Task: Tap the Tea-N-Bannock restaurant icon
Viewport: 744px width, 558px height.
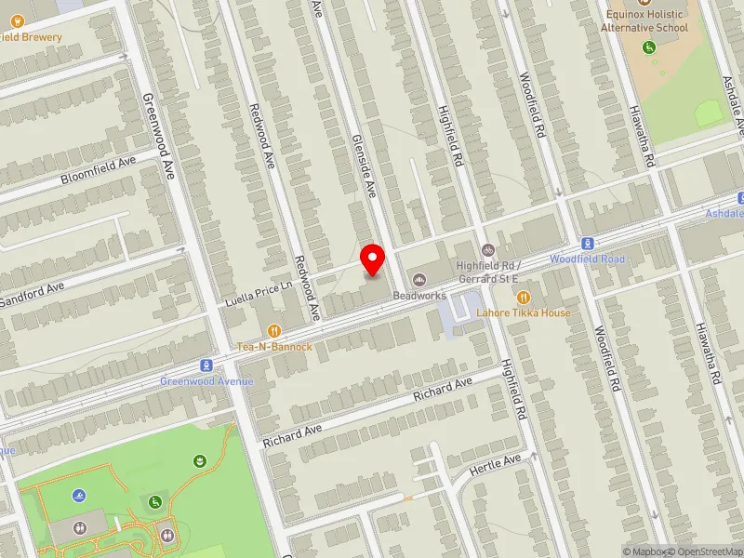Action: point(273,330)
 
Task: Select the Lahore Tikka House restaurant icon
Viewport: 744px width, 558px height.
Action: point(523,297)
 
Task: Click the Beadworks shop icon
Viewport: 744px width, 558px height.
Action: point(418,279)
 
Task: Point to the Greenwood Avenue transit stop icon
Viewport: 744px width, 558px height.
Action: point(206,365)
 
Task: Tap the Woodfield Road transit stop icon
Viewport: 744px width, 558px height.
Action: point(587,243)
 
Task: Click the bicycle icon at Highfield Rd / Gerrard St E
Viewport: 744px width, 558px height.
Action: point(487,249)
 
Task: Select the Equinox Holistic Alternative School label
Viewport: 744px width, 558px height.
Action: point(646,20)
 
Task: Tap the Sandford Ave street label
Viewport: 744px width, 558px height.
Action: point(32,293)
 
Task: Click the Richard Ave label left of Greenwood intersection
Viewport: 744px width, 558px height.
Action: point(291,433)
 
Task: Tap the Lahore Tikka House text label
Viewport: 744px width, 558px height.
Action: point(524,313)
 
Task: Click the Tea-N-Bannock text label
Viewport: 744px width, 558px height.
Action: point(274,347)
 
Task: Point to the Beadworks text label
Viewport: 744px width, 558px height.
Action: point(419,296)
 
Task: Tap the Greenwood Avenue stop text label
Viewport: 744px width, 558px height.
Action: point(206,381)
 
